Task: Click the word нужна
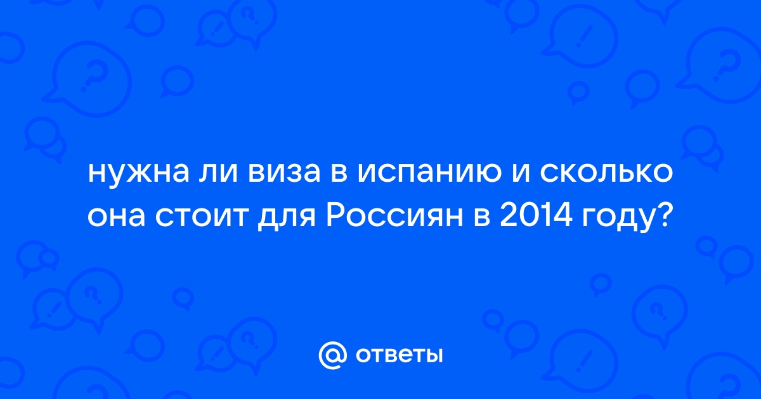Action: click(x=139, y=174)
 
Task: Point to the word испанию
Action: click(x=429, y=174)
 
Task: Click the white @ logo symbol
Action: click(x=332, y=355)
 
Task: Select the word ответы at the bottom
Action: click(x=399, y=356)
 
